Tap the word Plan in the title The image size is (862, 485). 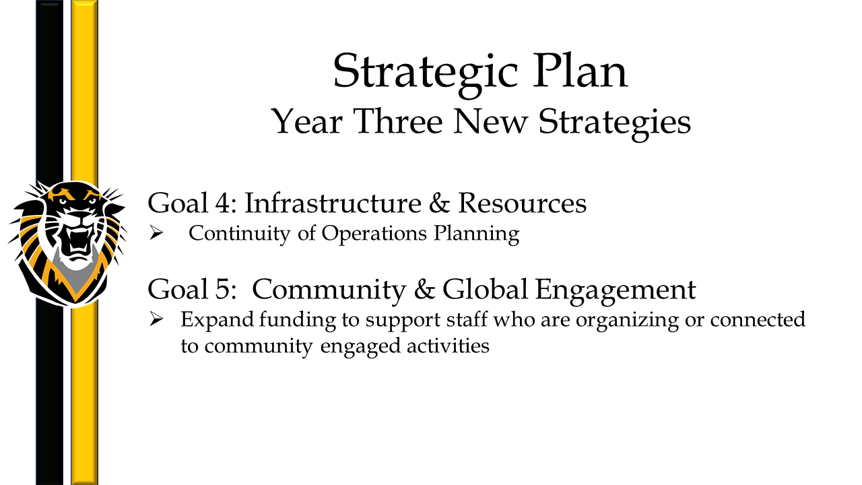(581, 71)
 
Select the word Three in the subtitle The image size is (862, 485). (398, 121)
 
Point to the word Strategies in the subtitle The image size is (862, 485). (615, 123)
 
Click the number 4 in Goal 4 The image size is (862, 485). (222, 203)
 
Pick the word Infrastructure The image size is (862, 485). (333, 203)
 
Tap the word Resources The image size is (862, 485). (522, 203)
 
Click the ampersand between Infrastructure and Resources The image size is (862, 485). (439, 203)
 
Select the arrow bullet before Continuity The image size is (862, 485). (156, 232)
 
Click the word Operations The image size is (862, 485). (374, 234)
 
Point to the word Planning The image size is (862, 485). (476, 234)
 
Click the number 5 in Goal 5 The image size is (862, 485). (222, 290)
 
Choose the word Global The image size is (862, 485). (485, 289)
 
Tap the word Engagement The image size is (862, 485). (616, 290)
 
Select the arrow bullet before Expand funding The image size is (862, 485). (156, 319)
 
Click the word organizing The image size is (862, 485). (627, 321)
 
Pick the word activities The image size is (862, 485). (448, 346)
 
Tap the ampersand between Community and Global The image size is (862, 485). (424, 289)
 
